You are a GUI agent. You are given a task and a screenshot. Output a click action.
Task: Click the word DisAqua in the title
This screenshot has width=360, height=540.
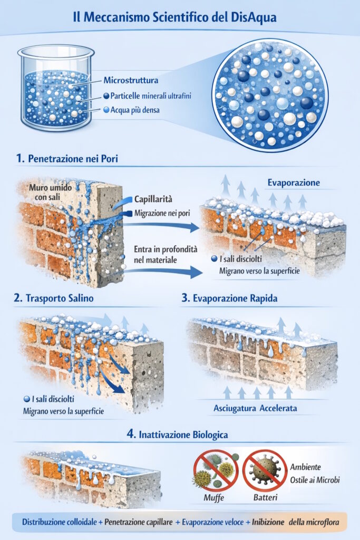(x=252, y=17)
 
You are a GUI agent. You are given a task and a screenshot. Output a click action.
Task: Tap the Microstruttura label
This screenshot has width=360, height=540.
(x=131, y=80)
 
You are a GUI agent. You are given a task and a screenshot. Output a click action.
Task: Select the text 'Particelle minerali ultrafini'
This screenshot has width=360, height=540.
(x=151, y=96)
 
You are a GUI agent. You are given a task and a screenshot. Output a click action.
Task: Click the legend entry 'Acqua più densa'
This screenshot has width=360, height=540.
(x=135, y=110)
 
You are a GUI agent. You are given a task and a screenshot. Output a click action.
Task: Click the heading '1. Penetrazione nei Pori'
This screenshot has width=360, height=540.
(x=67, y=158)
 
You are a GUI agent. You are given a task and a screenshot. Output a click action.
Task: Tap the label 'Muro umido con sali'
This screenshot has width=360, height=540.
(x=50, y=192)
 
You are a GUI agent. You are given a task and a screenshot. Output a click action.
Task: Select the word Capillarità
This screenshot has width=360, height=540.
(x=153, y=199)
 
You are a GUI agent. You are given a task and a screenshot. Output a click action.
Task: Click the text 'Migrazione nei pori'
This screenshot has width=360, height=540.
(x=162, y=213)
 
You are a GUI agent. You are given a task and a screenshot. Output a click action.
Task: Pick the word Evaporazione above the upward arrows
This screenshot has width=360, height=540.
(x=294, y=182)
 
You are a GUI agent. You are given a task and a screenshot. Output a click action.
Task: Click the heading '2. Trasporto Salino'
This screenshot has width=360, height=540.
(x=54, y=298)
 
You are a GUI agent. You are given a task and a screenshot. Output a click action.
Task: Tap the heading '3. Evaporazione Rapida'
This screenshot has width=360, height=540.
(x=230, y=298)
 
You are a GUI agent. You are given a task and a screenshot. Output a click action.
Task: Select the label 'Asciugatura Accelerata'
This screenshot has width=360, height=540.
(x=255, y=409)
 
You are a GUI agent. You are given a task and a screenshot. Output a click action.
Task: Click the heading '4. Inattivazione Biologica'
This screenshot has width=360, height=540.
(x=177, y=435)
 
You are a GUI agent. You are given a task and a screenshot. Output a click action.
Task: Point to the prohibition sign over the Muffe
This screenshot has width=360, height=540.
(x=216, y=471)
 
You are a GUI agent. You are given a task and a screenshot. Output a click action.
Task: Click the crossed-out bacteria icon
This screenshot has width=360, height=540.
(x=265, y=471)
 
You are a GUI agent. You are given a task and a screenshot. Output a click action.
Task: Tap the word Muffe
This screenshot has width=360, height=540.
(x=213, y=498)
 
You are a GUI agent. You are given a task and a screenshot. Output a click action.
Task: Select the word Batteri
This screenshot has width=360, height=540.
(x=265, y=498)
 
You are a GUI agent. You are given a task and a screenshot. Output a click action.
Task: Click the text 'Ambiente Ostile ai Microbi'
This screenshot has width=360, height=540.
(x=315, y=474)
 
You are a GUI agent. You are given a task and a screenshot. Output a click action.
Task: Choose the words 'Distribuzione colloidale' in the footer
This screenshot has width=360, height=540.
(x=60, y=522)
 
